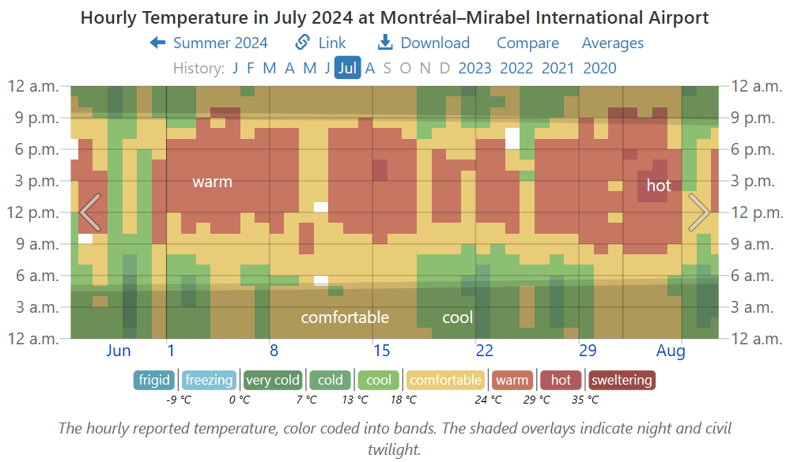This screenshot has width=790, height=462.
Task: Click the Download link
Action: [x=424, y=43]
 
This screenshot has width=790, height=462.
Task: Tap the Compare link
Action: [x=527, y=43]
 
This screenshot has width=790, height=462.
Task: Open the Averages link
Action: [x=613, y=43]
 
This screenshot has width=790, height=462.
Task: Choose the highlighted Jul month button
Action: [x=347, y=68]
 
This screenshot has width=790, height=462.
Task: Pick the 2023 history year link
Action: [x=475, y=68]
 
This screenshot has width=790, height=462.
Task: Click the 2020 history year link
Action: [x=599, y=68]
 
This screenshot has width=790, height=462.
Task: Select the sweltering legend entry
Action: [x=622, y=380]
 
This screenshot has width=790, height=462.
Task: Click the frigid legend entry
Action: [x=154, y=380]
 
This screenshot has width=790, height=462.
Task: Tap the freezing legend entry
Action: [x=210, y=380]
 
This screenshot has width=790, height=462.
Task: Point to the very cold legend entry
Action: [x=273, y=380]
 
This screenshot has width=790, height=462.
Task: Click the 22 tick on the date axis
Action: [x=485, y=351]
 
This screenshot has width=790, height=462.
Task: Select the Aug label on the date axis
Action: [x=671, y=351]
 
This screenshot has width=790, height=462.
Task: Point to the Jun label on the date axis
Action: [x=119, y=351]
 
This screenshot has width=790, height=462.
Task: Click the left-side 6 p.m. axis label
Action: [x=33, y=149]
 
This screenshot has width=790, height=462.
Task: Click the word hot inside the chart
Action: [x=659, y=186]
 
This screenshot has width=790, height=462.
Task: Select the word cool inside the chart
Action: [x=457, y=317]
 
